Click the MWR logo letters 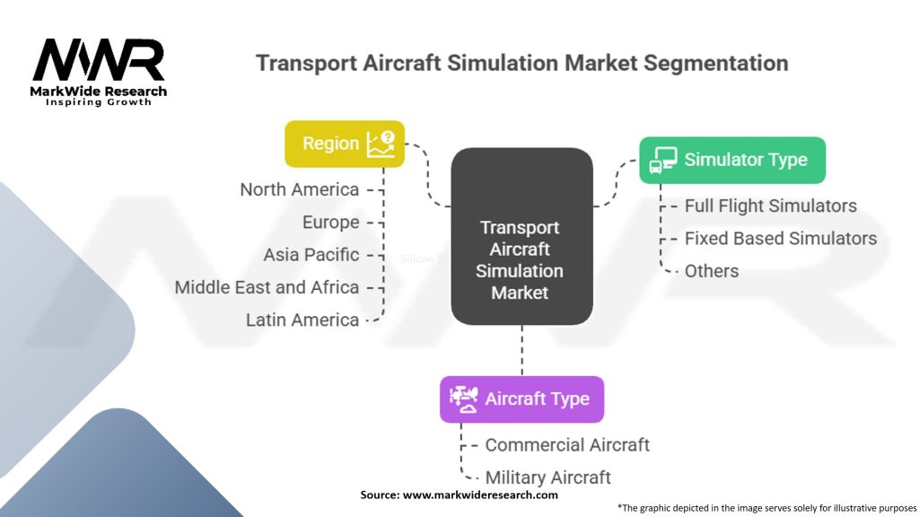(x=99, y=59)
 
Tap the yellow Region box (x=345, y=144)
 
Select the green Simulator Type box (x=732, y=160)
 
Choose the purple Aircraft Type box (x=521, y=399)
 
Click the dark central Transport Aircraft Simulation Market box (x=521, y=236)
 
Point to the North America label (x=300, y=189)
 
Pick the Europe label (x=330, y=223)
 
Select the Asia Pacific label (x=311, y=255)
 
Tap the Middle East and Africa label (x=267, y=287)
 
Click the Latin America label (x=302, y=320)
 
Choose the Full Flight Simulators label (x=771, y=206)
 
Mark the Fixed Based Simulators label (x=781, y=239)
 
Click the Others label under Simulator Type (x=712, y=271)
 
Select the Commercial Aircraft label (x=567, y=445)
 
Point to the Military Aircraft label (x=548, y=478)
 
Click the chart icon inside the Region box (x=381, y=145)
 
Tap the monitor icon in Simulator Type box (x=663, y=160)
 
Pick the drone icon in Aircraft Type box (x=464, y=399)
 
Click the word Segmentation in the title (x=715, y=63)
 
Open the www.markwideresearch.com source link (x=480, y=495)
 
